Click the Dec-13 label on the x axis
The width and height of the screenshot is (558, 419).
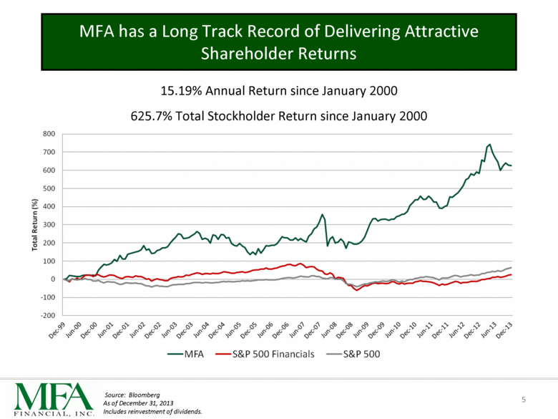tap(504, 329)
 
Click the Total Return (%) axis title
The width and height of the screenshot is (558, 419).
tap(31, 224)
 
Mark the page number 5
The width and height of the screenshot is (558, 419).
tap(524, 399)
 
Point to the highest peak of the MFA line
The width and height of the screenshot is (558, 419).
tap(489, 144)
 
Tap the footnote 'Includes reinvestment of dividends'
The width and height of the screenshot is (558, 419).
tap(153, 412)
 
